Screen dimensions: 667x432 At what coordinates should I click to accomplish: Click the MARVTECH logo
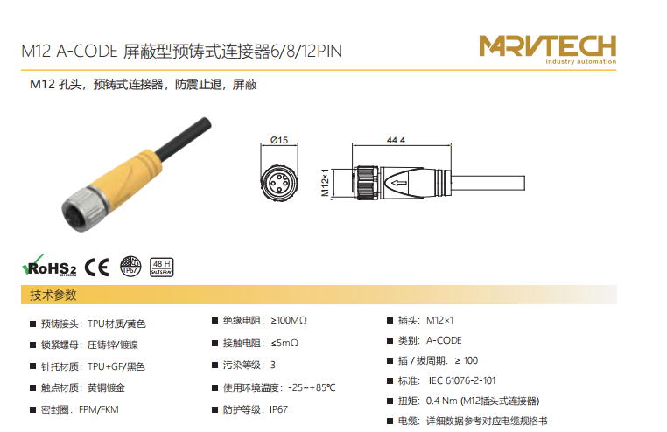(x=547, y=49)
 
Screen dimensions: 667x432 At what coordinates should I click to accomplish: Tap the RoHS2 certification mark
(x=49, y=266)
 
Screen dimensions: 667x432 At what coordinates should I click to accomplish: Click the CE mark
(x=96, y=268)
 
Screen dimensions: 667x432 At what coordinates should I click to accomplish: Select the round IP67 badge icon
(x=130, y=267)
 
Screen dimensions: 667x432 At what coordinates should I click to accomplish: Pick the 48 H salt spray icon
(x=162, y=268)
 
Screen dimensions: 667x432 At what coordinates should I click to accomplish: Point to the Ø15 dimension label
(x=279, y=140)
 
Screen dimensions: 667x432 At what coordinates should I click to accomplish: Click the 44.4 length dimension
(x=396, y=140)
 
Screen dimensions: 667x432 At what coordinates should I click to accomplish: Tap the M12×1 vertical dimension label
(x=326, y=183)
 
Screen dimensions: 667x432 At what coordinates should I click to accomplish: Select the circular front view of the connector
(x=279, y=183)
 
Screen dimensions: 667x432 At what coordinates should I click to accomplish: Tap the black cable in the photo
(x=184, y=137)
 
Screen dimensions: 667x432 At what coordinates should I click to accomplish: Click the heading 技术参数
(x=53, y=295)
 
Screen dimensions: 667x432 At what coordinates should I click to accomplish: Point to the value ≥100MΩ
(x=289, y=320)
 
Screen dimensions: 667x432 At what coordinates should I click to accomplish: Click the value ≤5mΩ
(x=284, y=343)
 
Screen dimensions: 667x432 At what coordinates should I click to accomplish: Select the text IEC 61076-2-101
(x=462, y=380)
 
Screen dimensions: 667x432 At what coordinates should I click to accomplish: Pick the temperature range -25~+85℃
(x=312, y=387)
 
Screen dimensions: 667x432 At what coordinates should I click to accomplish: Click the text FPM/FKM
(x=99, y=409)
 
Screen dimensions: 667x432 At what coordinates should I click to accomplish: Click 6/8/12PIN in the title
(x=306, y=51)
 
